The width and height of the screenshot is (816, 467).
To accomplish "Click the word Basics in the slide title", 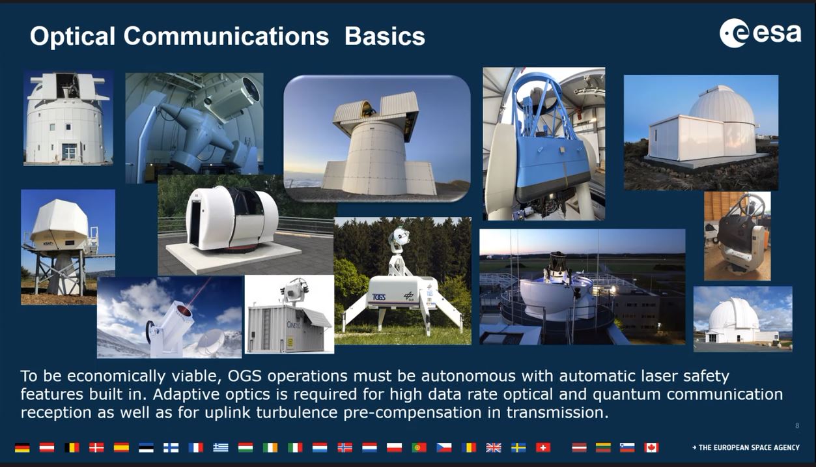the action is click(385, 36).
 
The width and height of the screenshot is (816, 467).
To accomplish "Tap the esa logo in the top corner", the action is click(760, 33).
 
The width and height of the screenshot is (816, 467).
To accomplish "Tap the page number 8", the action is click(797, 425).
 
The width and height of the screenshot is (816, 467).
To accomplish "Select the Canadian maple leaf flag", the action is click(651, 447).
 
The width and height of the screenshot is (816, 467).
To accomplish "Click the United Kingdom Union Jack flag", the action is click(494, 447).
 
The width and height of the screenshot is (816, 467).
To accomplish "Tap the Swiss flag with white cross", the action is click(543, 447).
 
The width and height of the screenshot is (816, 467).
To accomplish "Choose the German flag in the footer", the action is click(22, 447).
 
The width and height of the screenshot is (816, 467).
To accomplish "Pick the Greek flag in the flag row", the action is click(221, 447).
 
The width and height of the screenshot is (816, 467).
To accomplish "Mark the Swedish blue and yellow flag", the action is click(518, 447).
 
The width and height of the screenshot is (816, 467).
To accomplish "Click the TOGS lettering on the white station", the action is click(379, 297).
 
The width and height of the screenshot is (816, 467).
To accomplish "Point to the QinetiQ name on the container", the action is click(294, 324).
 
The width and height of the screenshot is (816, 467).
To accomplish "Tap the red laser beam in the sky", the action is click(199, 292).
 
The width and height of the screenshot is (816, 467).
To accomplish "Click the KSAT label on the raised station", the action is click(48, 243).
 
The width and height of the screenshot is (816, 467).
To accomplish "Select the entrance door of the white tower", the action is click(69, 152).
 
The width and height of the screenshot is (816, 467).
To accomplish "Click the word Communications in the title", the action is click(226, 36).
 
